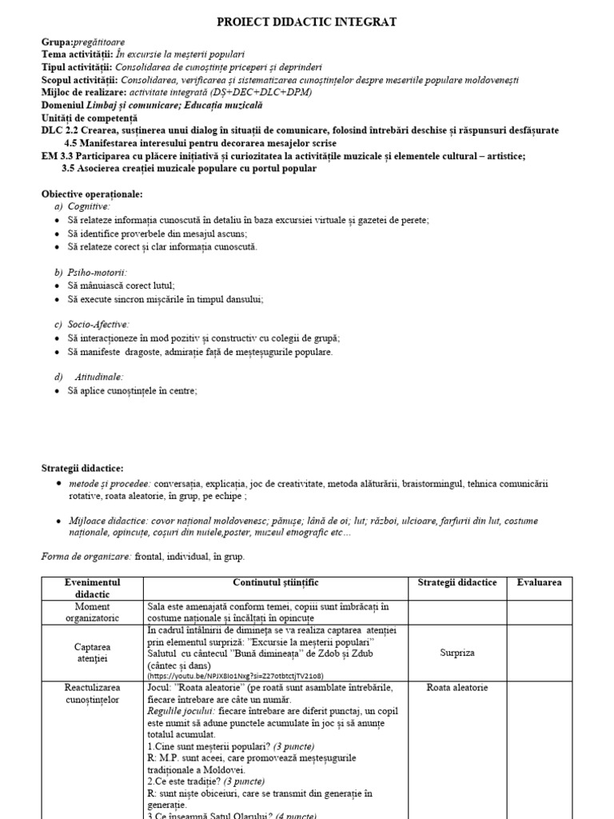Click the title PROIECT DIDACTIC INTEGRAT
point(307,22)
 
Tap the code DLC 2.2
point(60,130)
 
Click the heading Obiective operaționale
point(92,194)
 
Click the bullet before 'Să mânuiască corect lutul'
point(58,286)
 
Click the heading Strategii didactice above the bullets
point(82,468)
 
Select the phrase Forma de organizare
point(86,556)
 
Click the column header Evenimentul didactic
point(92,589)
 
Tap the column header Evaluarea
point(539,583)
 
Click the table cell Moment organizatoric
point(92,612)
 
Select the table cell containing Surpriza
point(457,653)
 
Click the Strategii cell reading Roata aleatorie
point(457,687)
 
